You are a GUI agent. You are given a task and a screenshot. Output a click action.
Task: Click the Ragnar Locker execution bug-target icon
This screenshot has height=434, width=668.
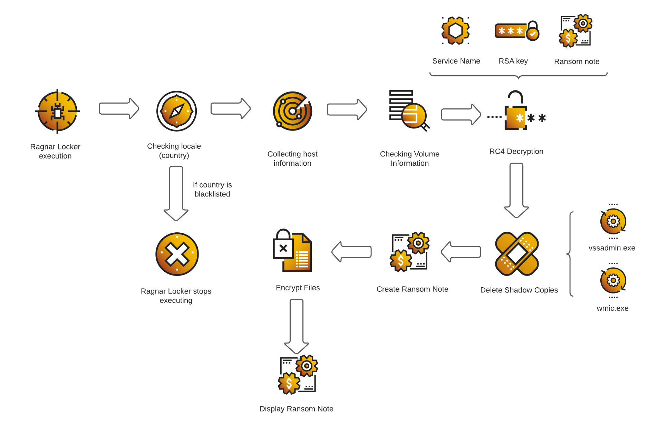pyautogui.click(x=57, y=111)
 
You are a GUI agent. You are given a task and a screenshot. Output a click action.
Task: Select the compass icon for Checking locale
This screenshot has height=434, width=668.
pyautogui.click(x=176, y=111)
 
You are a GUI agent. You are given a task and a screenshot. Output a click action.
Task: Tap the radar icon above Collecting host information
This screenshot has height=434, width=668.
pyautogui.click(x=292, y=111)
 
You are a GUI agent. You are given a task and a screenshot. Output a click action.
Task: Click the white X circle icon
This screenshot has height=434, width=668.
pyautogui.click(x=177, y=254)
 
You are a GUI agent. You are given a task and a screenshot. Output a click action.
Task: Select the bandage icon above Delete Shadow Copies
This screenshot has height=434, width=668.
pyautogui.click(x=517, y=254)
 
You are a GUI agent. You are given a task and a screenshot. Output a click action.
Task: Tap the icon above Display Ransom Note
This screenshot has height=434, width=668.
pyautogui.click(x=298, y=375)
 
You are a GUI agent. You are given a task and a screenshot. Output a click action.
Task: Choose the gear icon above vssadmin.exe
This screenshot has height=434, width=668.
pyautogui.click(x=613, y=221)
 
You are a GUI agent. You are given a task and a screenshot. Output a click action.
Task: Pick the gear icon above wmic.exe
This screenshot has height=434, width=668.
pyautogui.click(x=613, y=280)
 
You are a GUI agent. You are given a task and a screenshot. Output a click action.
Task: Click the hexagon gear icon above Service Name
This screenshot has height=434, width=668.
pyautogui.click(x=456, y=31)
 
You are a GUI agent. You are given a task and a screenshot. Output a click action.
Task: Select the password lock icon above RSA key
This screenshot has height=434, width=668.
pyautogui.click(x=516, y=31)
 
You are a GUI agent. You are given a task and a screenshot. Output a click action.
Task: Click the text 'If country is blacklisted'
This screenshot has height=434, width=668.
pyautogui.click(x=212, y=190)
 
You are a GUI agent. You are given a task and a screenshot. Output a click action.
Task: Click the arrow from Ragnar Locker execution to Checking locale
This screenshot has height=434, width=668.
pyautogui.click(x=119, y=108)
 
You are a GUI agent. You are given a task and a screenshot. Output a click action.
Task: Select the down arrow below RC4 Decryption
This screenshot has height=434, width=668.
pyautogui.click(x=516, y=190)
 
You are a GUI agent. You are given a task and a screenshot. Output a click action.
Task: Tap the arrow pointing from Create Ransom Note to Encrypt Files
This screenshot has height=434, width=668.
pyautogui.click(x=351, y=252)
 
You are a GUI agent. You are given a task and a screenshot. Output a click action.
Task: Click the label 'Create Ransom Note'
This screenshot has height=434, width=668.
pyautogui.click(x=412, y=289)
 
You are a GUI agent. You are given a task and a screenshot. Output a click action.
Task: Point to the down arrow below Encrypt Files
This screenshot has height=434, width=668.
pyautogui.click(x=297, y=326)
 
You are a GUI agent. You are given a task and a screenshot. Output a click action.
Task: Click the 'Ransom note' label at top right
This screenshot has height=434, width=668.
pyautogui.click(x=577, y=61)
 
